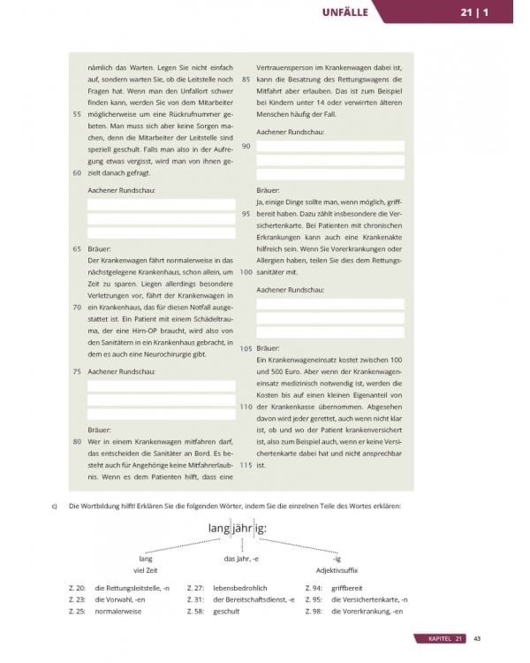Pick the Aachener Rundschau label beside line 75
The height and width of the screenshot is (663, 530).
[x=120, y=373]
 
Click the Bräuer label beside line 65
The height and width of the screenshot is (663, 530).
[x=100, y=249]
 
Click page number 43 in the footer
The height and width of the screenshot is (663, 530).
[x=476, y=638]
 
